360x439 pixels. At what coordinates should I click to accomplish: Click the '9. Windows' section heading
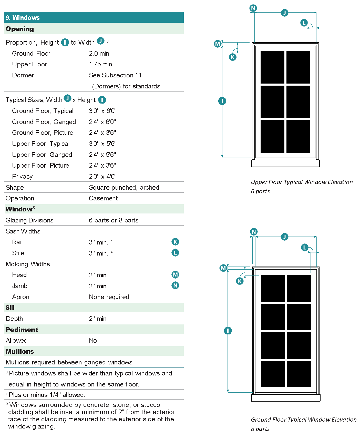pos(23,18)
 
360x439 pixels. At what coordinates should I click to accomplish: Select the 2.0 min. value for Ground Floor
pos(100,54)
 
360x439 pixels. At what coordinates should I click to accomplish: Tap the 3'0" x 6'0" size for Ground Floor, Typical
pos(102,111)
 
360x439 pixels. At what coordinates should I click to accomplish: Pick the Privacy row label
pos(22,177)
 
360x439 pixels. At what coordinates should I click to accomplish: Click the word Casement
pos(103,198)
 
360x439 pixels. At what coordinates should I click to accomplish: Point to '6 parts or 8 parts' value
pos(114,220)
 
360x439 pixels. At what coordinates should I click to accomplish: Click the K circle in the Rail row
pos(175,242)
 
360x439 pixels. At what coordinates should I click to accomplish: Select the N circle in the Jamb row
pos(175,285)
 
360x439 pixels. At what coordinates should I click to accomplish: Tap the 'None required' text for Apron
pos(109,297)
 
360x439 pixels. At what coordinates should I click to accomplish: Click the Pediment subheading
pos(22,330)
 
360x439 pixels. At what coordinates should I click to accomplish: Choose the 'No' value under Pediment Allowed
pos(93,341)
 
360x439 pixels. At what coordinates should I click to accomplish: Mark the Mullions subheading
pos(20,351)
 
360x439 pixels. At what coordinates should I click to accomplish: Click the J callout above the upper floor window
pos(284,13)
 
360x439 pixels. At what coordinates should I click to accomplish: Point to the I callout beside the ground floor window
pos(228,331)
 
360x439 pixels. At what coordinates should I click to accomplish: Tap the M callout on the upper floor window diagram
pos(218,44)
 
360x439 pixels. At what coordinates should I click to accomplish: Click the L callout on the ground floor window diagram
pos(304,247)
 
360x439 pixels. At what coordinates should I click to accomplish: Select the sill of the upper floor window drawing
pos(285,163)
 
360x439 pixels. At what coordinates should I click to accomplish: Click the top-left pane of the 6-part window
pos(272,67)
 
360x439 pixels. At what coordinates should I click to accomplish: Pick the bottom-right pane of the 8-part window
pos(299,374)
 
